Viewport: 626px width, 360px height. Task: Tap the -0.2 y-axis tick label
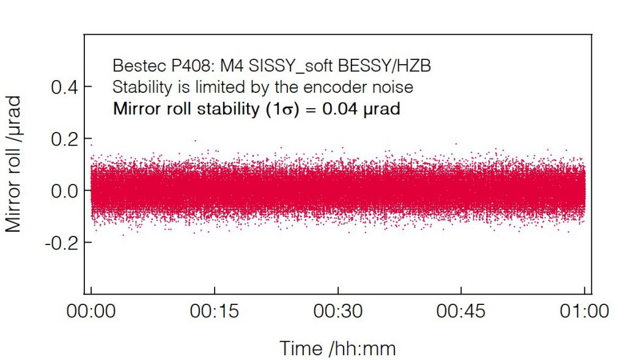tap(60, 243)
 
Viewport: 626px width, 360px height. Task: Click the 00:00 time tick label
tap(91, 311)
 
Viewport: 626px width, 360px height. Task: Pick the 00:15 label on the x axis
tap(214, 311)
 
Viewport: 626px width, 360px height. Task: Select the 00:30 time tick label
tap(337, 311)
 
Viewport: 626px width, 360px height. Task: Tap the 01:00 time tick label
tap(584, 311)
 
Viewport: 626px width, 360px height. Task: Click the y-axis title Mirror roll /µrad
tap(13, 163)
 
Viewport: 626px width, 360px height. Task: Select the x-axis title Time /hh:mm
tap(337, 348)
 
